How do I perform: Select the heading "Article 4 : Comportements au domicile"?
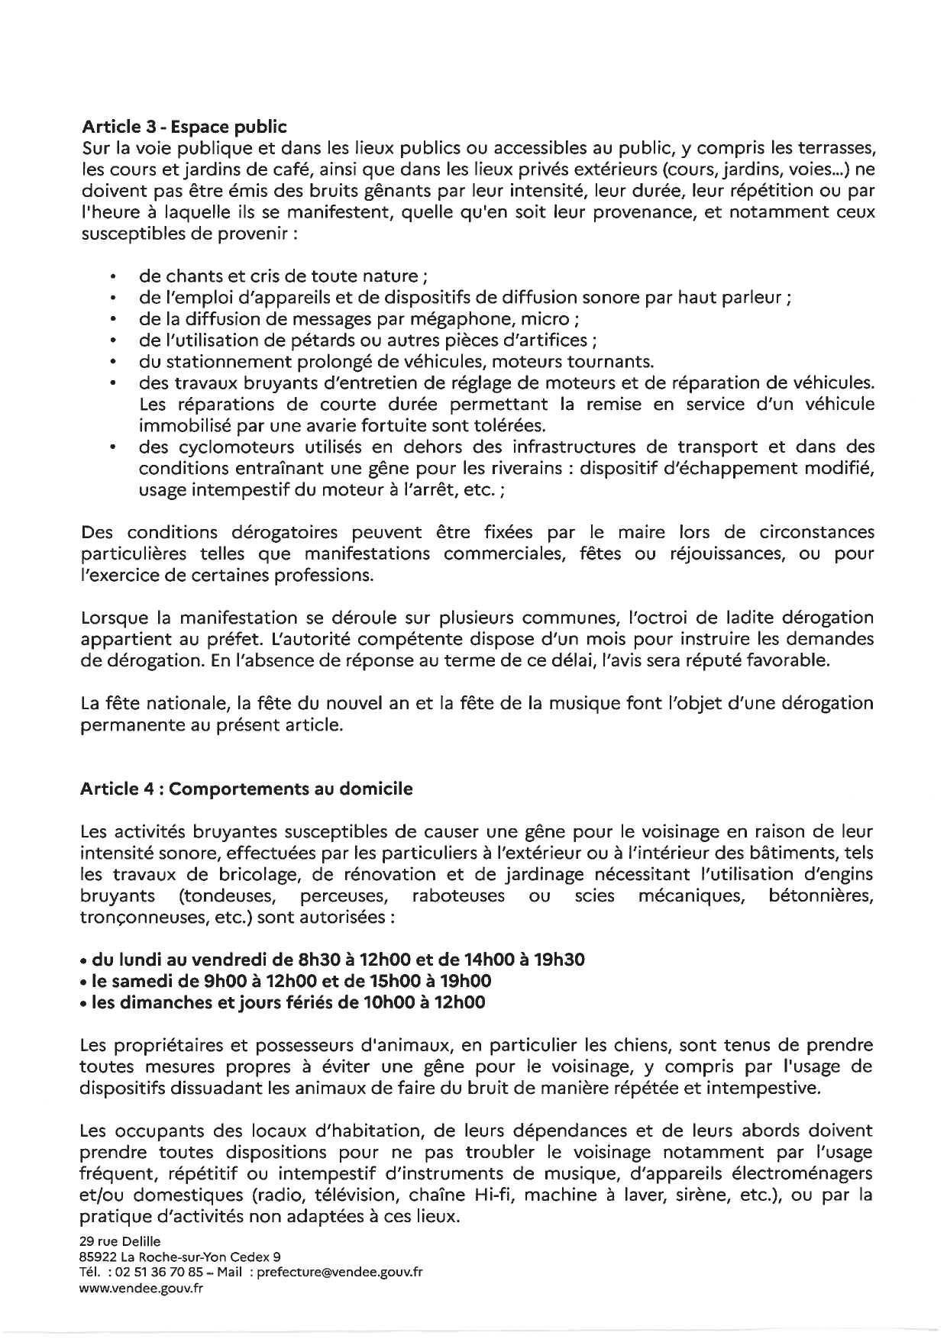246,789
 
